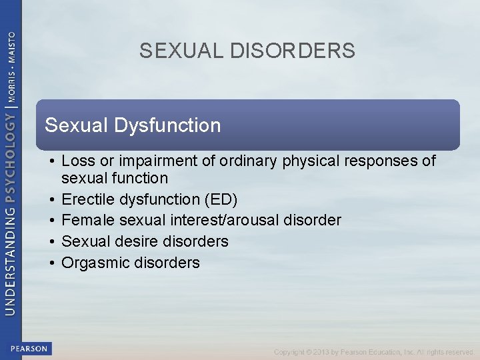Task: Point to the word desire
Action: pos(131,241)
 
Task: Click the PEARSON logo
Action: pos(29,349)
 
